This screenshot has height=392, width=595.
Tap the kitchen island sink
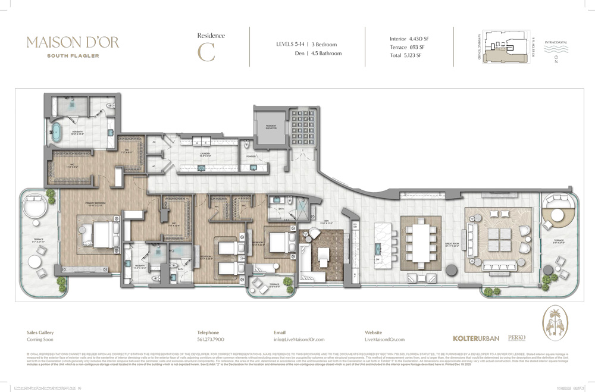pos(378,248)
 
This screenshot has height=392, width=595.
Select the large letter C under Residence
pos(206,51)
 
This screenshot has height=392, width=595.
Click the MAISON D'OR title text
pos(73,42)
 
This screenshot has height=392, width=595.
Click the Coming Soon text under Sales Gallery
pos(39,339)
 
